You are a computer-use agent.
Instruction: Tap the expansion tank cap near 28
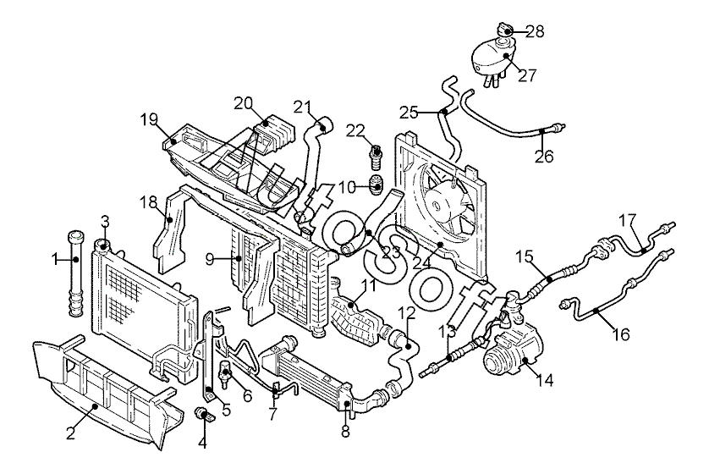coord(504,32)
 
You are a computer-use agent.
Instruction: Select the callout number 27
coord(527,75)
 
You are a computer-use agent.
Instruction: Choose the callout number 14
coord(544,381)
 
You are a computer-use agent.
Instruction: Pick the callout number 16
coord(621,334)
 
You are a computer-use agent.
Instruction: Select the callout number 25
coord(409,112)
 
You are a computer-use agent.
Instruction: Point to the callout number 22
coord(355,130)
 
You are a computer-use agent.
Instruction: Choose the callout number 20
coord(245,103)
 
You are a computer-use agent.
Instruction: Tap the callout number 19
coord(150,120)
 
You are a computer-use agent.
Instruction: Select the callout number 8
coord(344,430)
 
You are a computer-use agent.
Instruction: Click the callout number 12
coord(407,313)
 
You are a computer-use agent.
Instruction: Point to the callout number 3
coord(105,223)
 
